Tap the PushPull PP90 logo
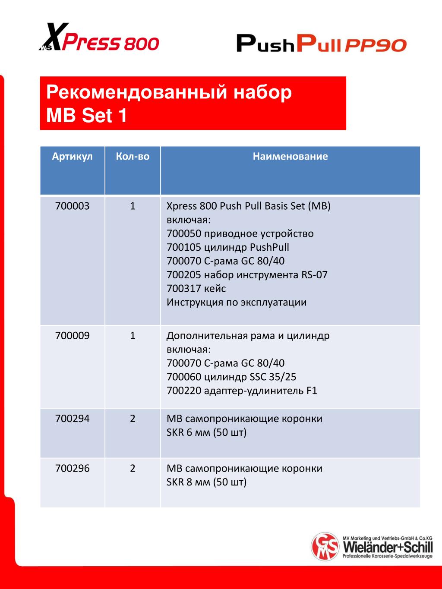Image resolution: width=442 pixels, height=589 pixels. tap(321, 44)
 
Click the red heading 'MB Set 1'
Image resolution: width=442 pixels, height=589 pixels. tap(87, 116)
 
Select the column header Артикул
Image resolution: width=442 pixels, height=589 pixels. tap(72, 156)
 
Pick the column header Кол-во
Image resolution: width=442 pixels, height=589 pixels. tap(133, 156)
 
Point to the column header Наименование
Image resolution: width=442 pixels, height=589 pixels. tap(290, 156)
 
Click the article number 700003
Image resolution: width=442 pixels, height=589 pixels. tap(72, 206)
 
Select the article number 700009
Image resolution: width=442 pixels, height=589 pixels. tap(72, 335)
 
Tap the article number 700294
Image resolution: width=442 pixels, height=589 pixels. tap(72, 418)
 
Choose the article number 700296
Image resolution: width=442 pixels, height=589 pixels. tap(72, 468)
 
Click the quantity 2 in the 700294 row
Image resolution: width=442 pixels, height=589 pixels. tap(133, 418)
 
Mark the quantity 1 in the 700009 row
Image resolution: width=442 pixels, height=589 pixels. tap(133, 335)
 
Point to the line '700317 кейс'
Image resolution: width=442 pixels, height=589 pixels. tap(196, 288)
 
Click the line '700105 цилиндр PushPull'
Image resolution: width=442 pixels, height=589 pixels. tap(227, 247)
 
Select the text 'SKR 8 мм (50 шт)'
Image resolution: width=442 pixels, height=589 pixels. tap(206, 482)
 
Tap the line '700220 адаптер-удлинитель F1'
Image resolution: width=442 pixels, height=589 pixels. tap(242, 391)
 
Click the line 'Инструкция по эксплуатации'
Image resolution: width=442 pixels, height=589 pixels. tap(237, 302)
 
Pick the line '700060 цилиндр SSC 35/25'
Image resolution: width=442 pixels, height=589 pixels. tap(231, 377)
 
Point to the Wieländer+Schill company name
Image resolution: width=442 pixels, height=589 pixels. tap(388, 547)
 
